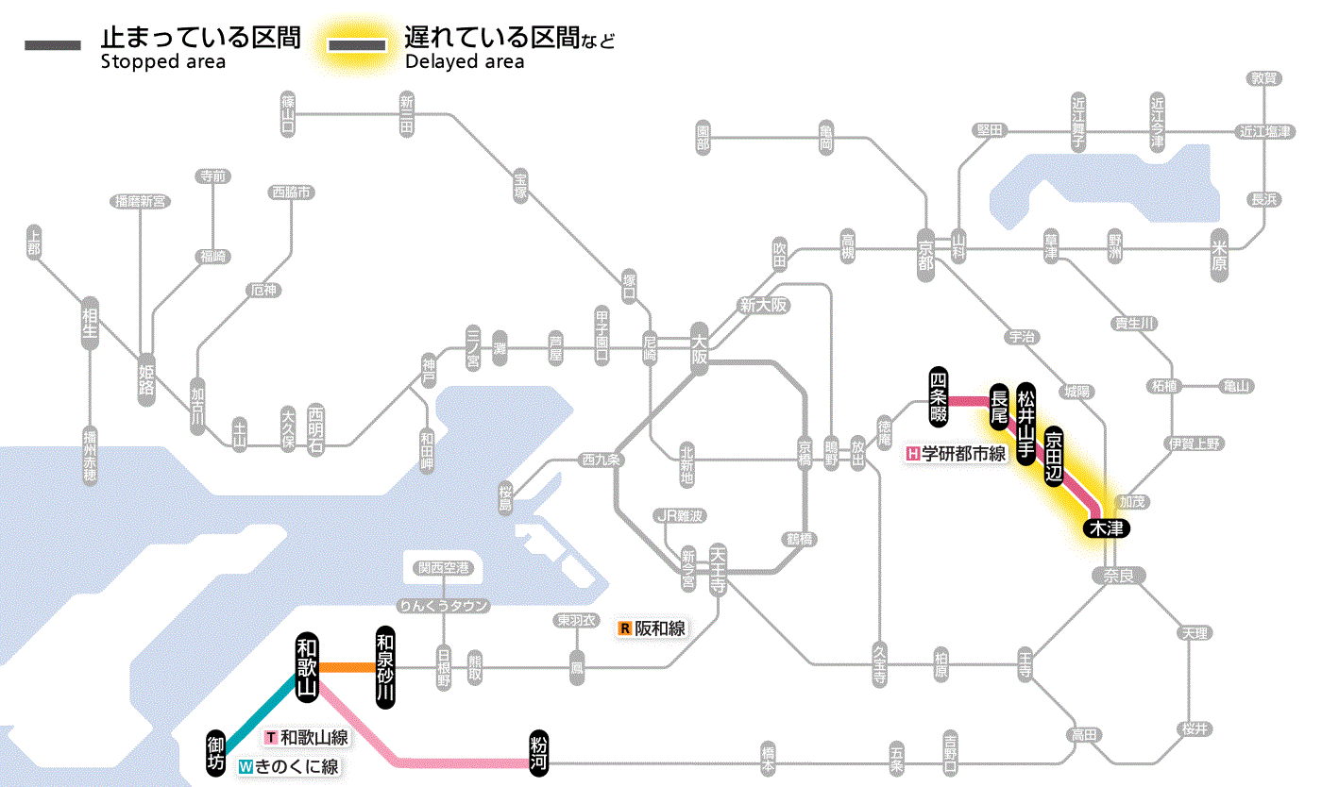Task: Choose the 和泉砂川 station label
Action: pyautogui.click(x=384, y=667)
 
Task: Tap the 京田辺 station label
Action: pyautogui.click(x=1053, y=455)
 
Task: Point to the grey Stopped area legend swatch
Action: pyautogui.click(x=53, y=45)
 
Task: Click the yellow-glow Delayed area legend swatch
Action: pyautogui.click(x=357, y=45)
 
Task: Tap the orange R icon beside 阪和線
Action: pyautogui.click(x=624, y=628)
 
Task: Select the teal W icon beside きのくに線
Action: pyautogui.click(x=246, y=767)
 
